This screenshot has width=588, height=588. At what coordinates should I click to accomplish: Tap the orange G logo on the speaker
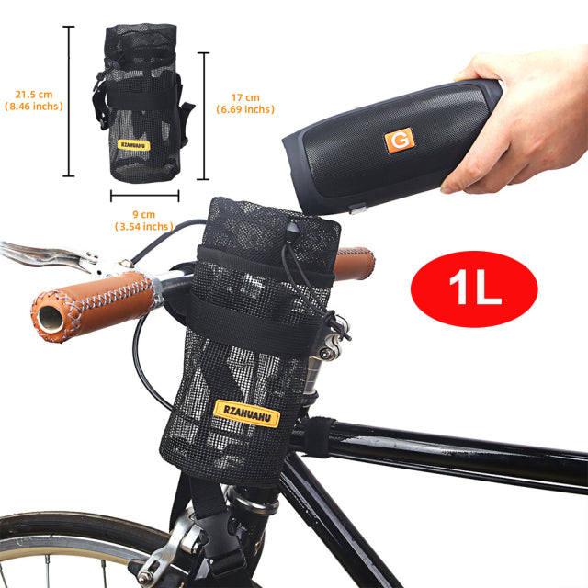399,141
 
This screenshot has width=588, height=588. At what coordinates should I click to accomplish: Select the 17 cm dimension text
244,97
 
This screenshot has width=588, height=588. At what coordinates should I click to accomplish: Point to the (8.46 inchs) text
33,107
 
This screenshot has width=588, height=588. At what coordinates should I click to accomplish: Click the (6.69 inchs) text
245,110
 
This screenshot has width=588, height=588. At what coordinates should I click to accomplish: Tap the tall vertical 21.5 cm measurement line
68,101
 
